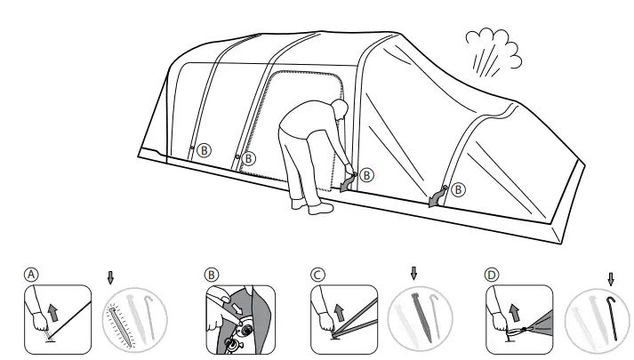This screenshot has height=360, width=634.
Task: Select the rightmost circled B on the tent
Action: click(457, 188)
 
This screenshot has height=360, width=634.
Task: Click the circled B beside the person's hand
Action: click(367, 175)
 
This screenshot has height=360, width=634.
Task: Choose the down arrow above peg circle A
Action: click(110, 278)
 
